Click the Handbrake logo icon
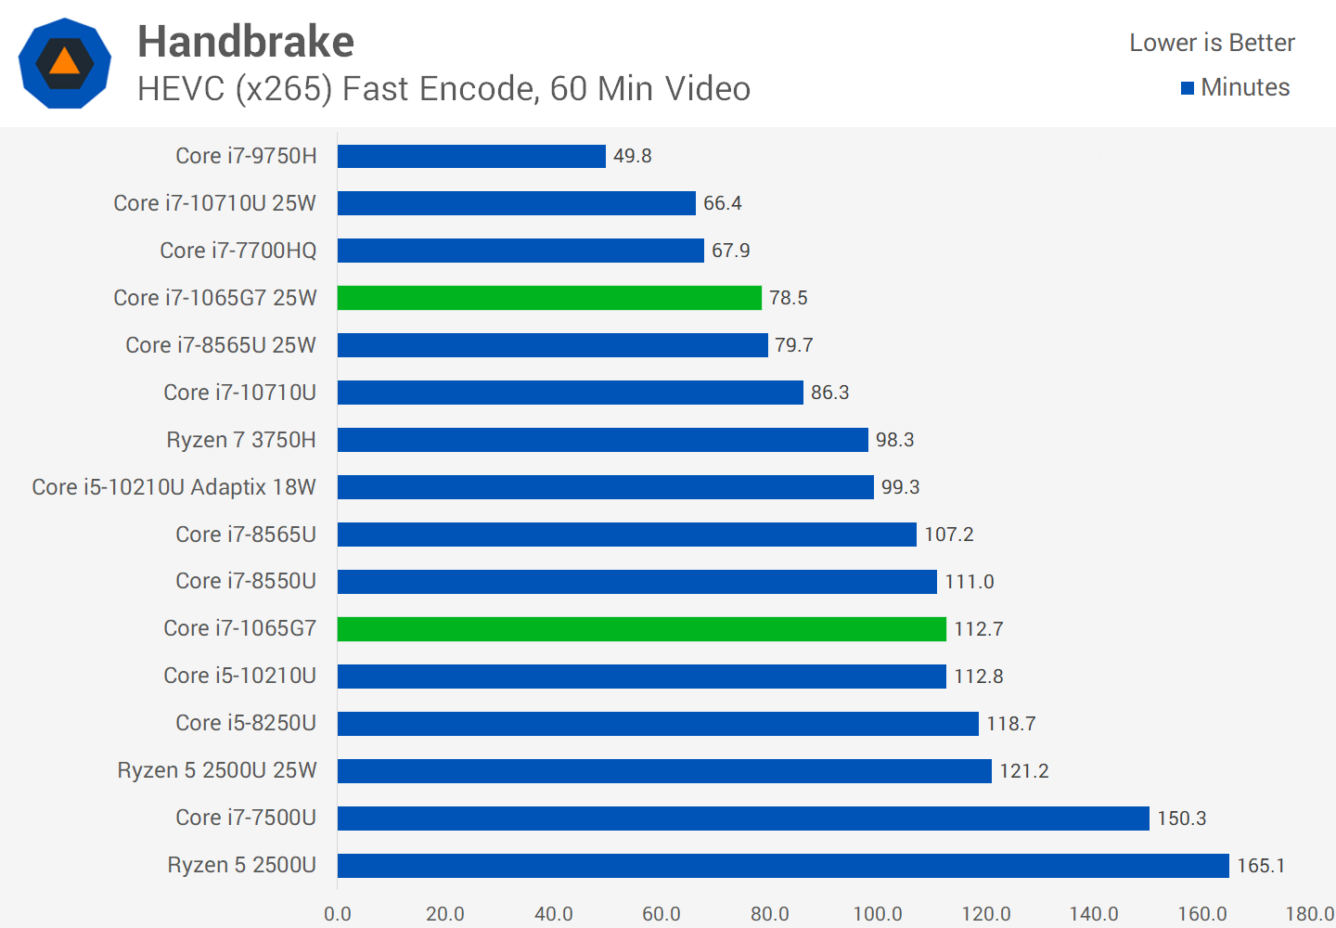click(65, 63)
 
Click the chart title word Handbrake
click(246, 42)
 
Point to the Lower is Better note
click(1212, 43)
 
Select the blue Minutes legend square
click(1187, 88)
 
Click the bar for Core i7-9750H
click(471, 156)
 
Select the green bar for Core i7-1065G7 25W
click(549, 298)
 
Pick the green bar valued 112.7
click(642, 629)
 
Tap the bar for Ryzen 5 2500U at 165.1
click(783, 866)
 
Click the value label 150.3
click(1181, 818)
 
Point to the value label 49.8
click(632, 156)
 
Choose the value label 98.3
click(894, 440)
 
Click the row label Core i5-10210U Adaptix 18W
click(173, 487)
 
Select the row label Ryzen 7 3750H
click(241, 440)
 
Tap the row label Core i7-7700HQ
click(238, 251)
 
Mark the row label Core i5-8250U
click(246, 723)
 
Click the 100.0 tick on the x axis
click(878, 914)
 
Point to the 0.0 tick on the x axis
click(338, 914)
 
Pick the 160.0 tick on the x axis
click(1202, 914)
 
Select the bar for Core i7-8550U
click(637, 582)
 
